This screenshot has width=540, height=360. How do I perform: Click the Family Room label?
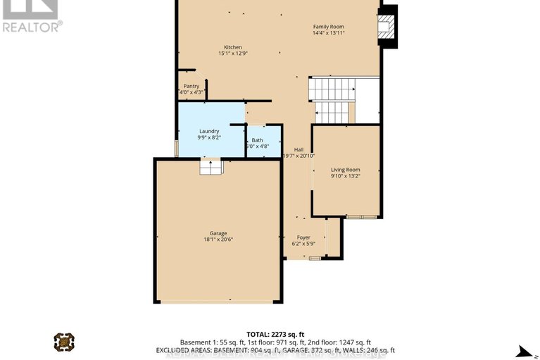click(328, 27)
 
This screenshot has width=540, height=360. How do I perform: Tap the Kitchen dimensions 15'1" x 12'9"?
click(232, 54)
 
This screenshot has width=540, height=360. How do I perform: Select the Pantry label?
click(191, 86)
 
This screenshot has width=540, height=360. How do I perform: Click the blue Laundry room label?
click(209, 131)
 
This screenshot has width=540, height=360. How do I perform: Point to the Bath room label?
click(257, 140)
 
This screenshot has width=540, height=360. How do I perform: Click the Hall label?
click(299, 149)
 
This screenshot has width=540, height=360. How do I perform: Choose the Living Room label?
click(346, 170)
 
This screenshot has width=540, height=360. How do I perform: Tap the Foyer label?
click(303, 237)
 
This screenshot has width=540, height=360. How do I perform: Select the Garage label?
click(218, 233)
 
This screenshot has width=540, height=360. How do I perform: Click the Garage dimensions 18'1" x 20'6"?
click(218, 240)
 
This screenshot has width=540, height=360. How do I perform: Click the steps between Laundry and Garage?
click(211, 166)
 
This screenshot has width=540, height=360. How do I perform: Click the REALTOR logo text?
click(32, 27)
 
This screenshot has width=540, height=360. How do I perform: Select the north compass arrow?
click(522, 351)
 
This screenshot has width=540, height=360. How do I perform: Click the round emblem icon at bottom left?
click(64, 342)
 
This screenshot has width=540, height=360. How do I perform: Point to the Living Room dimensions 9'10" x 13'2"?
click(346, 176)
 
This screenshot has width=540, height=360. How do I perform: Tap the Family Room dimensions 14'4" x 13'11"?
click(328, 34)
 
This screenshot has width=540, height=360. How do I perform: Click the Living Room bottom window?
click(361, 216)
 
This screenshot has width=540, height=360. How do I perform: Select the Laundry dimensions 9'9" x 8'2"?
click(209, 137)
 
